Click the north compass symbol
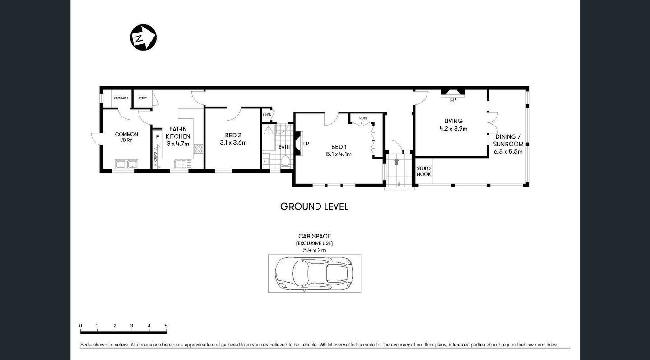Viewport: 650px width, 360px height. pos(143,37)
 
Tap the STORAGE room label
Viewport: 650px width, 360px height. pos(121,98)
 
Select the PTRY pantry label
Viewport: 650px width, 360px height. pos(143,98)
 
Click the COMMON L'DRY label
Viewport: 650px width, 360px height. pos(126,137)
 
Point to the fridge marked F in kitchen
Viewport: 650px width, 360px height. pos(158,136)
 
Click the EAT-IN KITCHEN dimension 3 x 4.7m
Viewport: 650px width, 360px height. pos(178,144)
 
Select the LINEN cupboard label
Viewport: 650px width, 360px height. pos(267,115)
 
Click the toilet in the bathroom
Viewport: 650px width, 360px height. pos(285,161)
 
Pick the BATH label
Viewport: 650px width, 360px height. pos(284,147)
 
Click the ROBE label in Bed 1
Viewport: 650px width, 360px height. pos(363,118)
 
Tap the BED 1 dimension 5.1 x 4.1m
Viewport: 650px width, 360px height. pos(339,154)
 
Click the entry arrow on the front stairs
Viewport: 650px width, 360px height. pos(396,161)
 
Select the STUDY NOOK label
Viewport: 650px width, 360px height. pos(424,171)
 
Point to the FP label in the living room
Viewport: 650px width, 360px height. pos(453,100)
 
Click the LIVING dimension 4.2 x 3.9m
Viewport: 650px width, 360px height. pos(453,128)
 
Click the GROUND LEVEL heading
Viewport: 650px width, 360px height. pos(314,206)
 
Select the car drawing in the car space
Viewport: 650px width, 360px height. pos(314,273)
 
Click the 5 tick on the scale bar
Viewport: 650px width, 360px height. pos(166,326)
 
